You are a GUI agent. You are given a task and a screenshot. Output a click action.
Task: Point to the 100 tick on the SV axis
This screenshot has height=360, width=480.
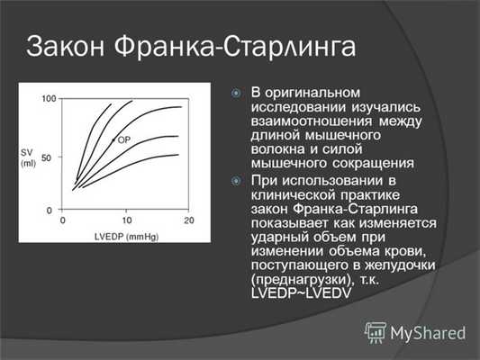click(x=48, y=98)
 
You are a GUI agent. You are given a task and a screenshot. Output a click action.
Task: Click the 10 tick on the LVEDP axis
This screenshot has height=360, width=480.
click(x=125, y=220)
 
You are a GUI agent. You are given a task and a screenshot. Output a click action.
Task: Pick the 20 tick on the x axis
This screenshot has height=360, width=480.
click(x=188, y=220)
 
